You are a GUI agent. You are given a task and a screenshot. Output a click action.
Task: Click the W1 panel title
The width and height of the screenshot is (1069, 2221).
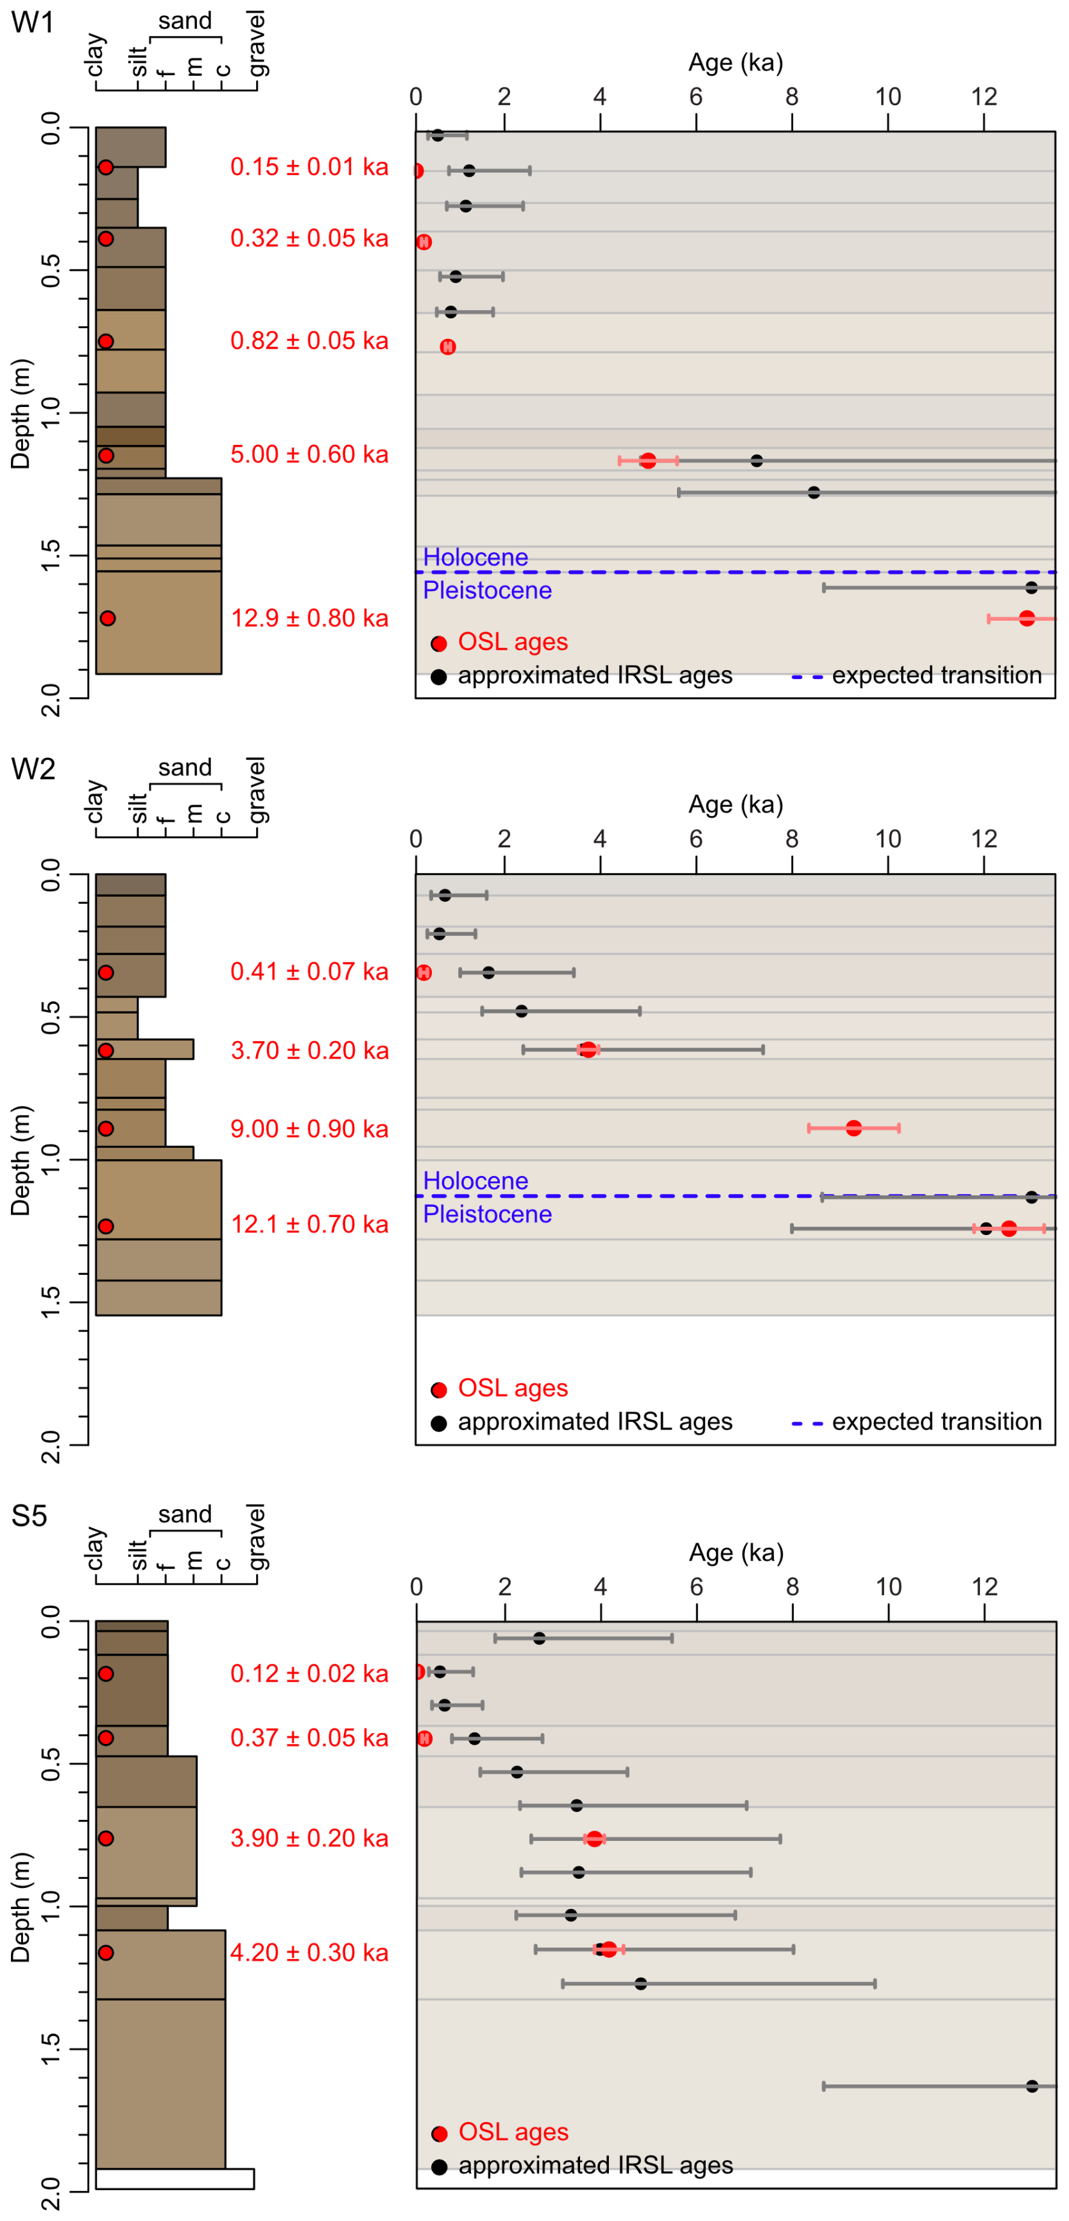click(x=32, y=22)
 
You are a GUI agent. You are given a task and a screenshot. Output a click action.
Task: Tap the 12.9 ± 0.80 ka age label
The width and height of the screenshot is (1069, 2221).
click(x=309, y=618)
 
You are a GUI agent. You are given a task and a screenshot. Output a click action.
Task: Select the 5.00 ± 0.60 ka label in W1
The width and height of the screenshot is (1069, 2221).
click(x=309, y=454)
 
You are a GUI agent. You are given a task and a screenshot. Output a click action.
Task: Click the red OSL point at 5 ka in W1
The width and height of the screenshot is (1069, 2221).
click(x=647, y=460)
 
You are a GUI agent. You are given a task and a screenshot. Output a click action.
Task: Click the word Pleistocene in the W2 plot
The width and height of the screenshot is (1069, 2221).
click(x=487, y=1214)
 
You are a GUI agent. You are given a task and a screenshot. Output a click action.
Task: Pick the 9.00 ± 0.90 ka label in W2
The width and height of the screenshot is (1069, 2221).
click(x=309, y=1128)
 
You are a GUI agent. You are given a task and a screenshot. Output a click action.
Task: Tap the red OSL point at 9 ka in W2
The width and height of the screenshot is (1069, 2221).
click(x=853, y=1128)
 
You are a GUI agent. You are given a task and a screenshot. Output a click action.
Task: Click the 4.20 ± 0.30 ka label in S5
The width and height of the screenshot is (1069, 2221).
click(x=309, y=1952)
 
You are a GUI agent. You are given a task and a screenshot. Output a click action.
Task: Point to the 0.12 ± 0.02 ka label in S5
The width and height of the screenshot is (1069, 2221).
click(x=309, y=1673)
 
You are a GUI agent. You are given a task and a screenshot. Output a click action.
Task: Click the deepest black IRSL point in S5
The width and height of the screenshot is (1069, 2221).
click(x=1032, y=2086)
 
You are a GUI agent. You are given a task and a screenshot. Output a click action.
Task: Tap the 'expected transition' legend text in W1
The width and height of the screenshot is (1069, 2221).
click(x=936, y=675)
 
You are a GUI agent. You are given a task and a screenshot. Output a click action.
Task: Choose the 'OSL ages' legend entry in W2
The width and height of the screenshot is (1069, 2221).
click(x=512, y=1388)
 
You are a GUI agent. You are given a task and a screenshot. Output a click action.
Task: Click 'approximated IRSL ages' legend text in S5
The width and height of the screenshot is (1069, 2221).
click(x=595, y=2165)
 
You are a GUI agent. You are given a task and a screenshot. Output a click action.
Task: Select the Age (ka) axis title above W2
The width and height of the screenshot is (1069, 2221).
click(x=735, y=804)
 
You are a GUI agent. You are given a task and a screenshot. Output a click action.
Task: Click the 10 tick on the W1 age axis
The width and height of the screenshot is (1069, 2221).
click(x=888, y=96)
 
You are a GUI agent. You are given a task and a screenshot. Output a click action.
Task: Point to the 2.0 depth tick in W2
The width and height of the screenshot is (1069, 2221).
click(x=52, y=1445)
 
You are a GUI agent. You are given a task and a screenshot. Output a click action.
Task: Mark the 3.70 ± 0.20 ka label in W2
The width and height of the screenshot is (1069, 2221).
click(x=309, y=1050)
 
